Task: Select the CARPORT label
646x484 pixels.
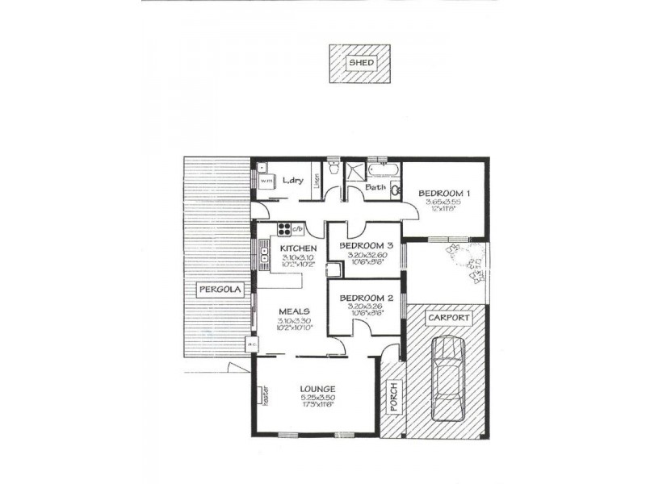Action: (448, 318)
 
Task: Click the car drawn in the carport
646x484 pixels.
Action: (447, 378)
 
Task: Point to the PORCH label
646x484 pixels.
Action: (394, 398)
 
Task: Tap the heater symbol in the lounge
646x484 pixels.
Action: (263, 394)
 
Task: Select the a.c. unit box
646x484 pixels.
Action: (252, 345)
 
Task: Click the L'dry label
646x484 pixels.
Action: (292, 181)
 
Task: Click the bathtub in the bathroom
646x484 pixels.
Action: (378, 170)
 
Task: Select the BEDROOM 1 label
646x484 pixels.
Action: (443, 194)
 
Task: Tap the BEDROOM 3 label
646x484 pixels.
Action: (366, 245)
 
